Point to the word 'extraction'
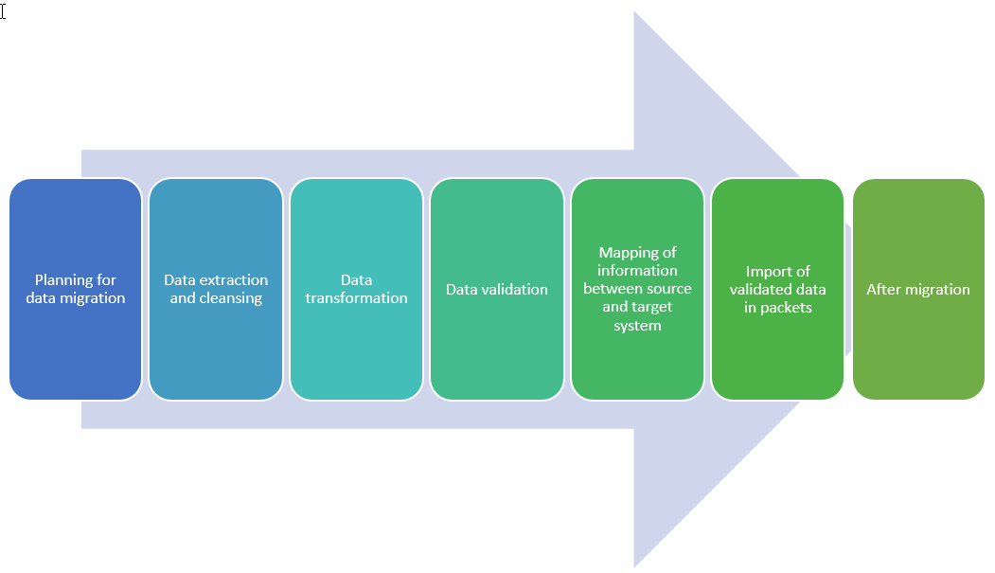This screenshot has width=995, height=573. coord(234,280)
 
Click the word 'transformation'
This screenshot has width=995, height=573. coord(357,298)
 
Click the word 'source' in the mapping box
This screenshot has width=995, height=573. coord(667,289)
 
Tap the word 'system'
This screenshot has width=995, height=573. coord(637,326)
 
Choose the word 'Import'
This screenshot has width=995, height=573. coord(766,272)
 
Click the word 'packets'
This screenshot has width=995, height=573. coord(786,308)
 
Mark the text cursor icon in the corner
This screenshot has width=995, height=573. coord(3,11)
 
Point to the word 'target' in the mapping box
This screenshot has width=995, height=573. coord(652,308)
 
